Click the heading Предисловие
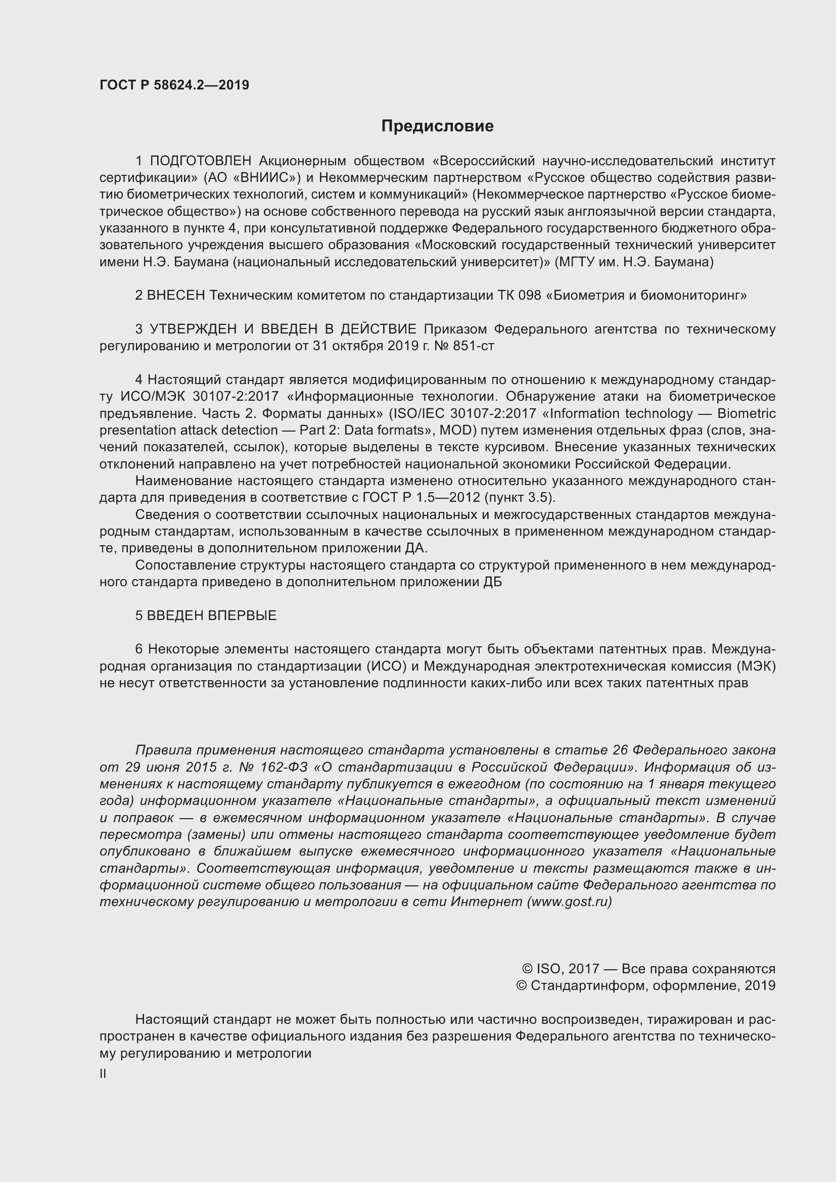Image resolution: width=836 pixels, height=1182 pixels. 437,126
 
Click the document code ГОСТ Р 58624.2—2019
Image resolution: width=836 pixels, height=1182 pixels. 174,85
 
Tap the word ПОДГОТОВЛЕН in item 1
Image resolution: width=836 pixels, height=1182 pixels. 201,161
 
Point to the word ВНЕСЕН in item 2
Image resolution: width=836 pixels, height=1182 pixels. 176,295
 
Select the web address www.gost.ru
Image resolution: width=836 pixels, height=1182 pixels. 569,902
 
